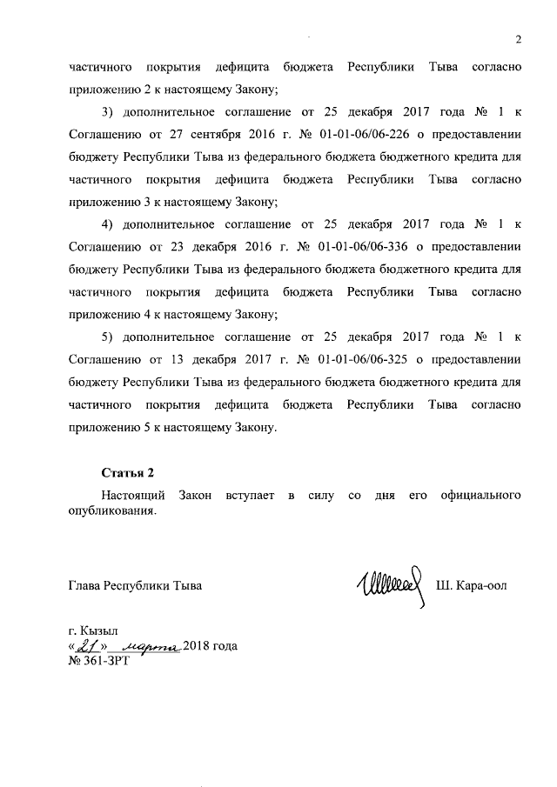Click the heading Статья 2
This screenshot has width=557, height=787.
[x=127, y=473]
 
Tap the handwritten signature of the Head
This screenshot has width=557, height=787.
[x=387, y=585]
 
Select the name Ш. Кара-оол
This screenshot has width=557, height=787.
[x=471, y=586]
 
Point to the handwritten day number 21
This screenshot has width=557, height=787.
[x=87, y=646]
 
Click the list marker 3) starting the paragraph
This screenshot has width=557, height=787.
[x=108, y=112]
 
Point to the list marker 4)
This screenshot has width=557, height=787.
[x=108, y=225]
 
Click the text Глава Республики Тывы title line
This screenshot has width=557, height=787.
[x=135, y=586]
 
